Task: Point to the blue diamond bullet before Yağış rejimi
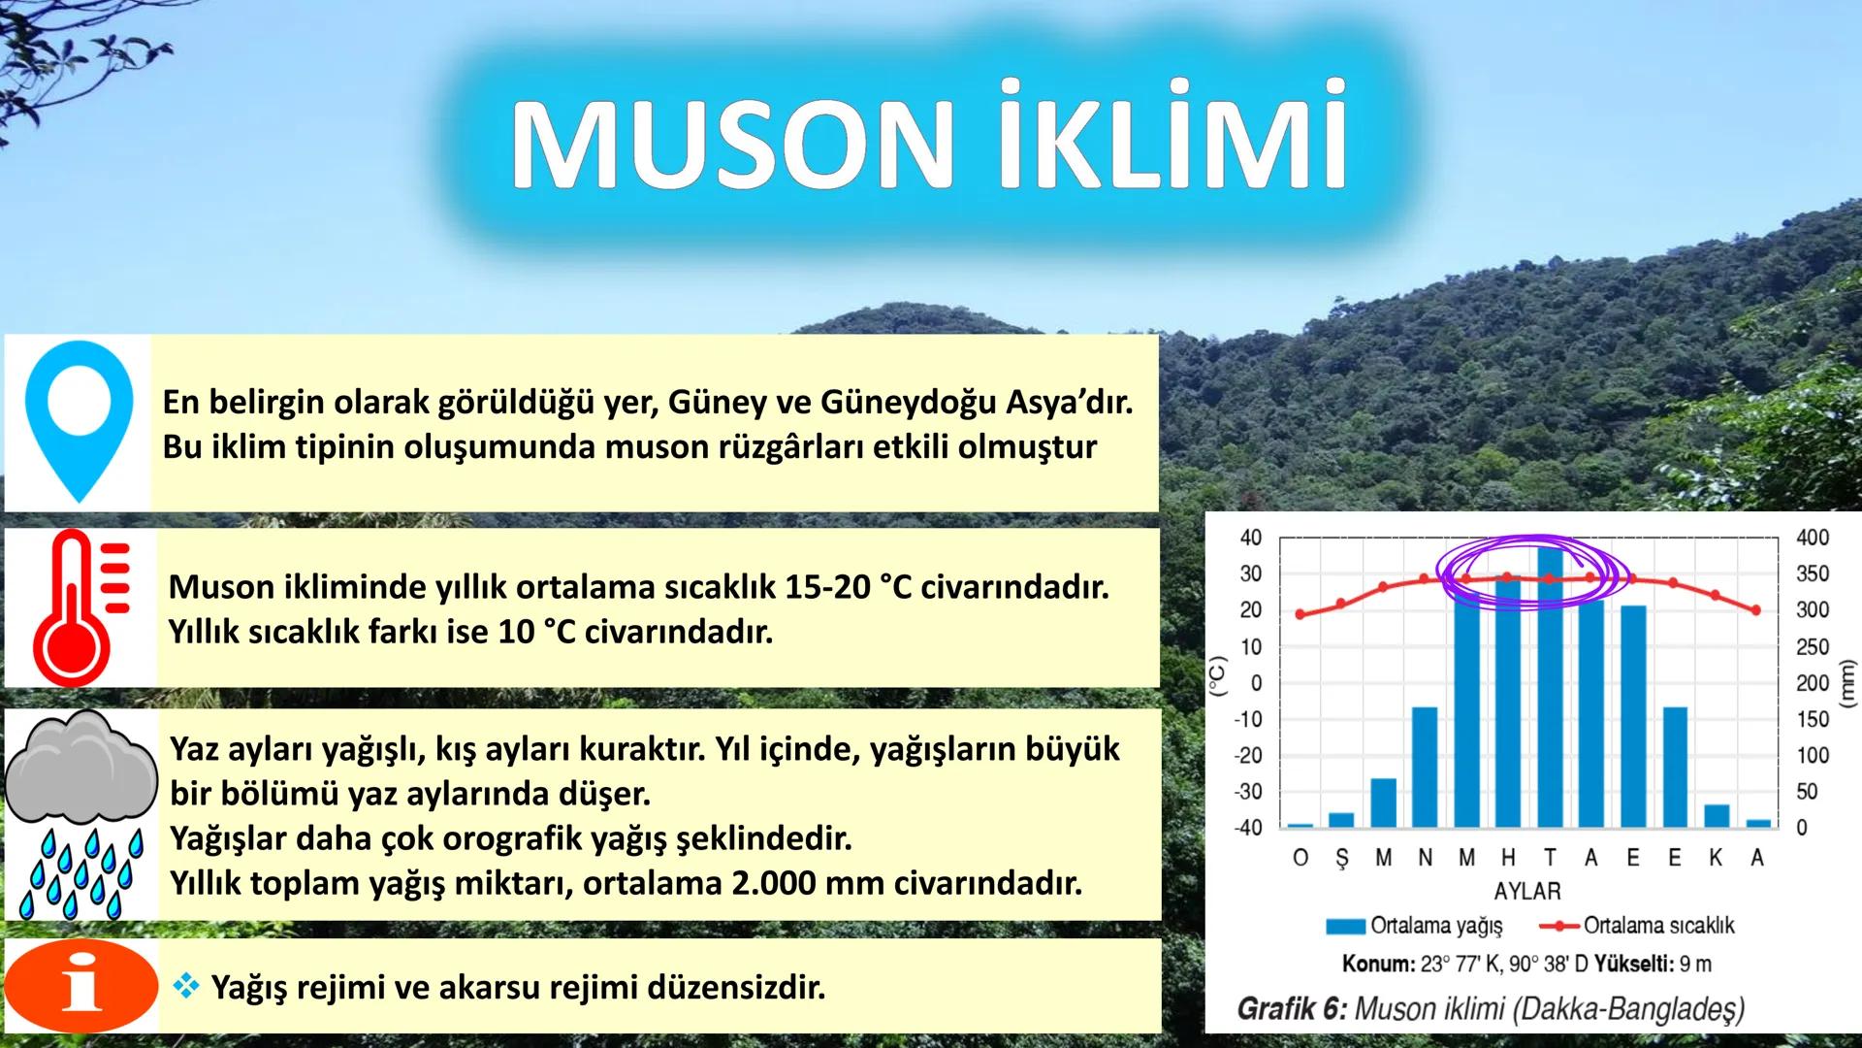coord(184,987)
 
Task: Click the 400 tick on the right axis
coord(1813,537)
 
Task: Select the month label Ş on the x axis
coord(1341,859)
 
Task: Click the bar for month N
coord(1425,767)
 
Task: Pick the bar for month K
coord(1717,815)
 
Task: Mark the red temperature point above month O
coord(1300,614)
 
